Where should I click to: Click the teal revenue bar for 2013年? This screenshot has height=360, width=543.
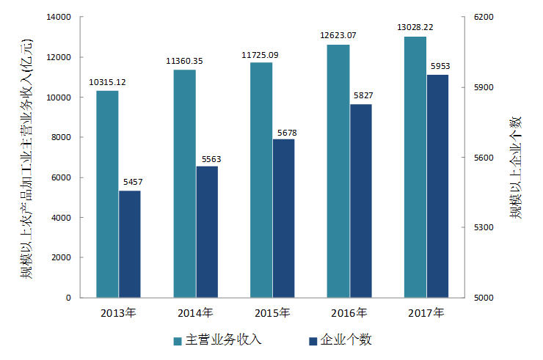pyautogui.click(x=108, y=194)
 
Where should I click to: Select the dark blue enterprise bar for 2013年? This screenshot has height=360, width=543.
pyautogui.click(x=130, y=244)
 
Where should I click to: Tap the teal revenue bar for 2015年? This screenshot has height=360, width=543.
pyautogui.click(x=261, y=180)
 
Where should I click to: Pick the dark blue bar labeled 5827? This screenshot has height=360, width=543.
pyautogui.click(x=360, y=201)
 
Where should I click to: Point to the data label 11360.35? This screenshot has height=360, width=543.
pyautogui.click(x=185, y=61)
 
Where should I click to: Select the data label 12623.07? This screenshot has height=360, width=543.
pyautogui.click(x=338, y=35)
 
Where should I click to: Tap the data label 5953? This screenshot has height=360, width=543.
pyautogui.click(x=440, y=67)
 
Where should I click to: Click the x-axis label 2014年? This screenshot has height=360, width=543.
pyautogui.click(x=195, y=313)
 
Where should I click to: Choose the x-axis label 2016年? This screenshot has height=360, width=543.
pyautogui.click(x=349, y=313)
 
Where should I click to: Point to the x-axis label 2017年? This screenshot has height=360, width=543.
pyautogui.click(x=426, y=313)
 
